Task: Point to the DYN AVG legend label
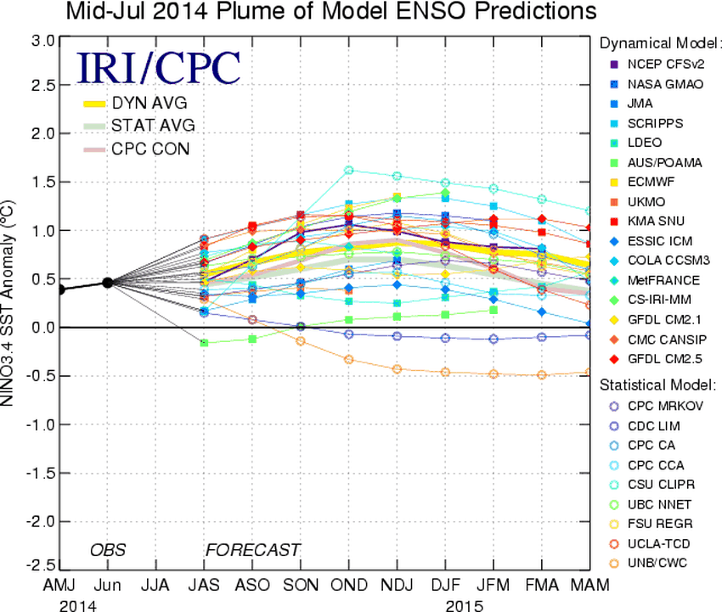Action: [x=149, y=104]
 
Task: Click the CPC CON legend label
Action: [x=150, y=149]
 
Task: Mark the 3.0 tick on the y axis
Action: [x=46, y=40]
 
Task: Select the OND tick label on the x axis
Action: [x=348, y=587]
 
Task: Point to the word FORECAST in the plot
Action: [x=252, y=550]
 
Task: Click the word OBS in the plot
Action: [x=108, y=550]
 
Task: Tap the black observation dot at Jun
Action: [x=108, y=283]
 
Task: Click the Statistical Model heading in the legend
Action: [x=657, y=385]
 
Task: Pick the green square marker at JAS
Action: [x=204, y=342]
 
